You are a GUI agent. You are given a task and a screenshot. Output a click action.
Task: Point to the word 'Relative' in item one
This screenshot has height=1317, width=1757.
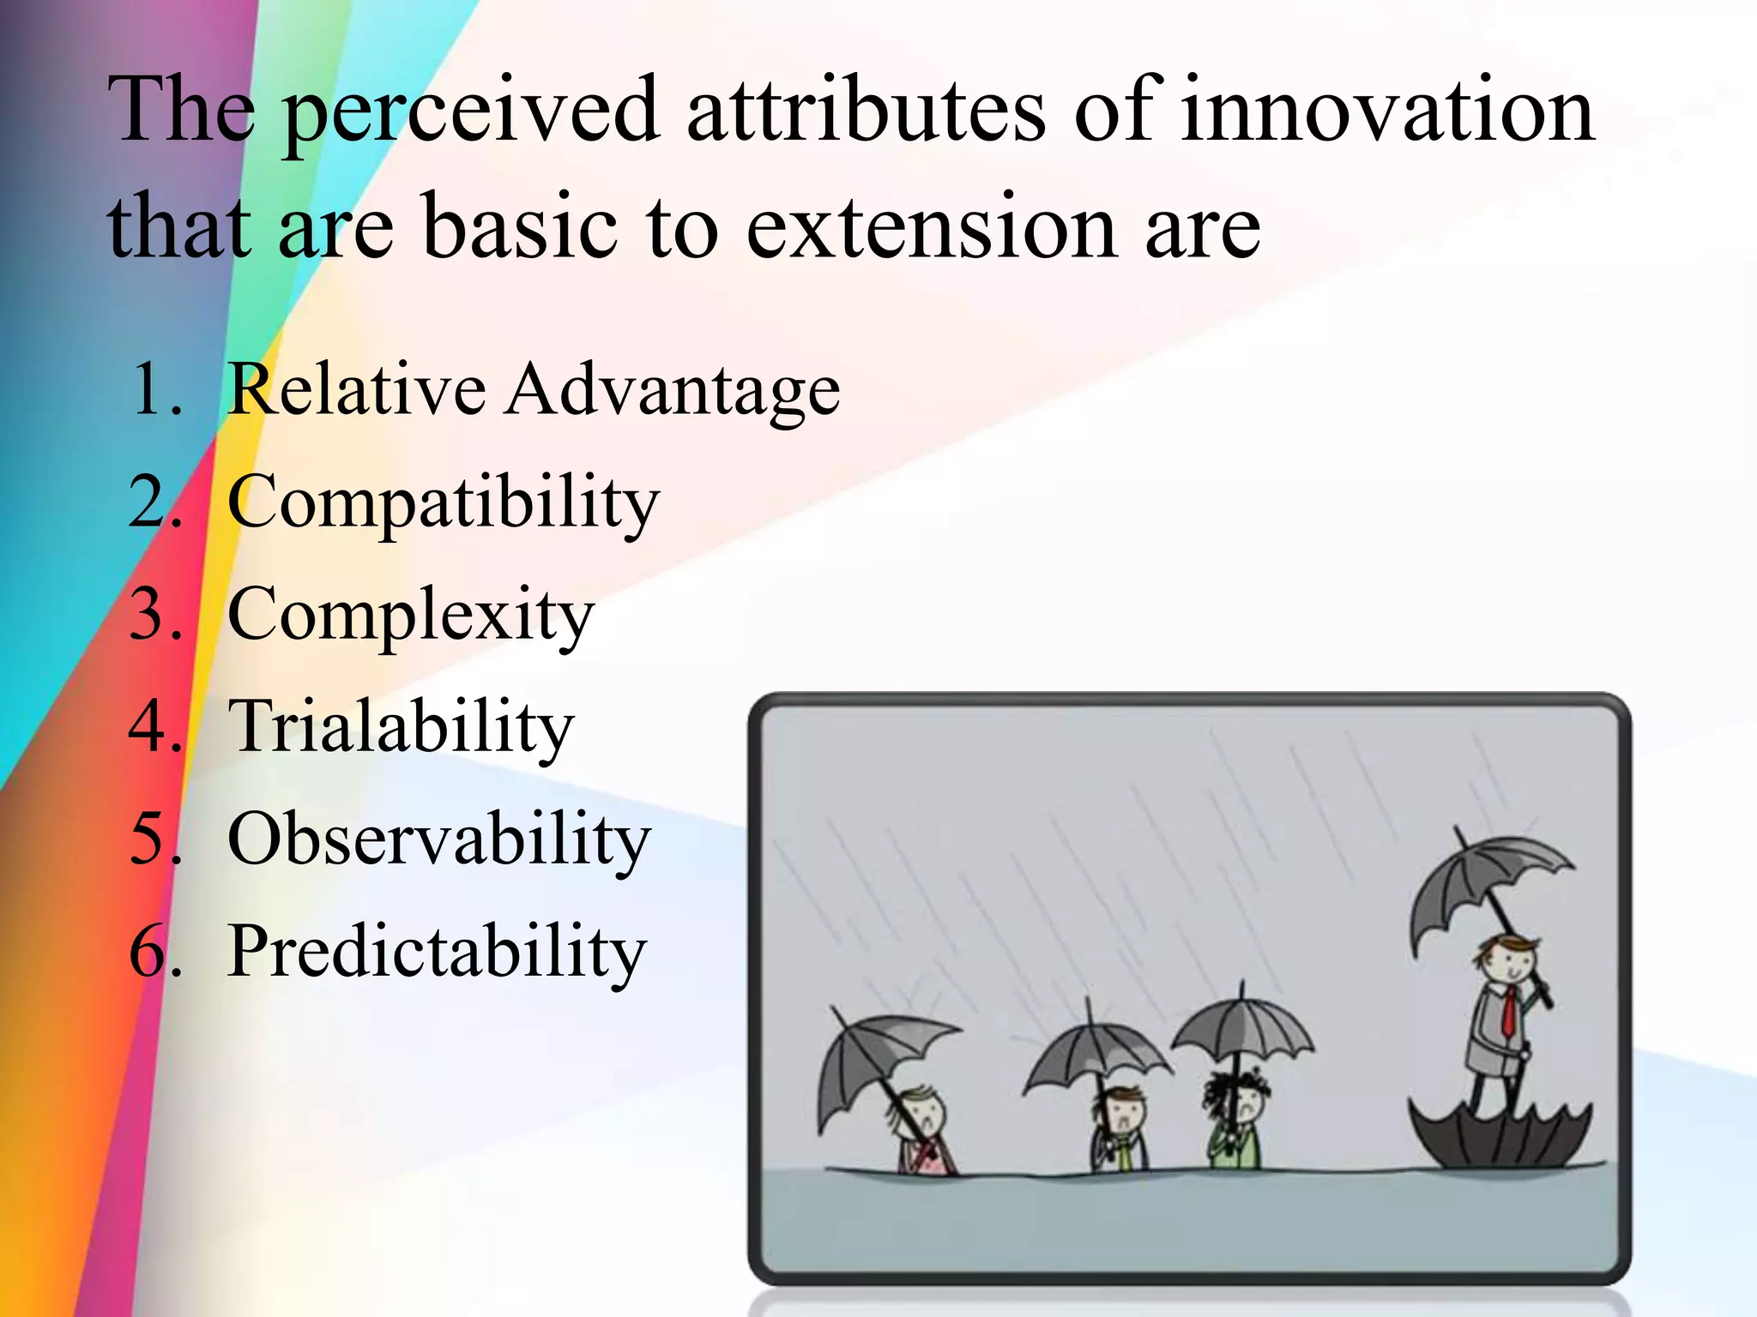356,390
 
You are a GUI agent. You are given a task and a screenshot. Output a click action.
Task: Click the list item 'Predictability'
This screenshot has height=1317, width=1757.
436,953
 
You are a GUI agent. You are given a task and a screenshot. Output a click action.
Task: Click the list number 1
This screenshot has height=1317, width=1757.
154,391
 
